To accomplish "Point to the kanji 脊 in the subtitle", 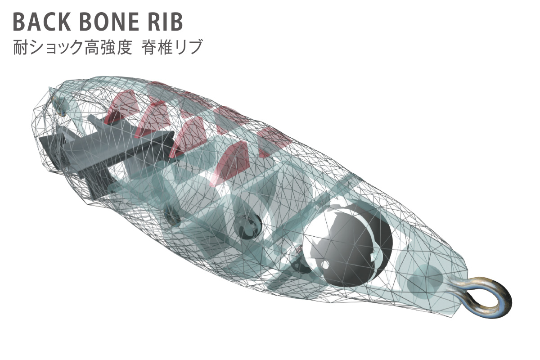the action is pyautogui.click(x=149, y=47).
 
